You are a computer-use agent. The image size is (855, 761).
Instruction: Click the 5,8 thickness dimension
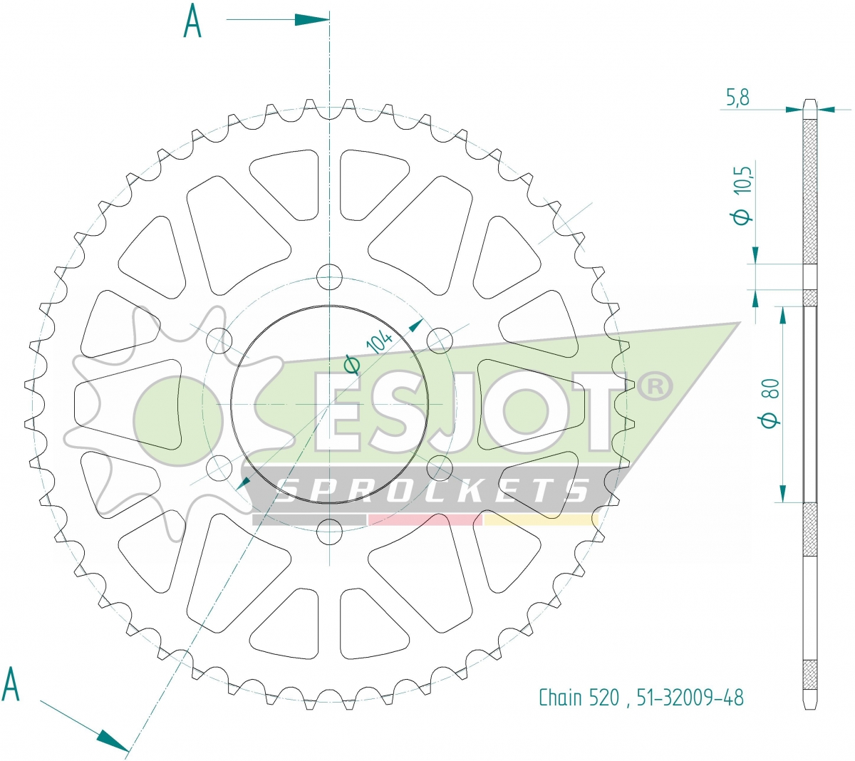(737, 98)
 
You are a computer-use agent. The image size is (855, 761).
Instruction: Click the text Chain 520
(579, 698)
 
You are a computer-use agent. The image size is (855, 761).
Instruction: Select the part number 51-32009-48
(690, 698)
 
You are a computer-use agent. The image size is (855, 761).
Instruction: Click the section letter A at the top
(192, 21)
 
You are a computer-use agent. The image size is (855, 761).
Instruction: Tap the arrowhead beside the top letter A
(312, 19)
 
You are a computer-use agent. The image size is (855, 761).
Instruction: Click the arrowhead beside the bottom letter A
(113, 741)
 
